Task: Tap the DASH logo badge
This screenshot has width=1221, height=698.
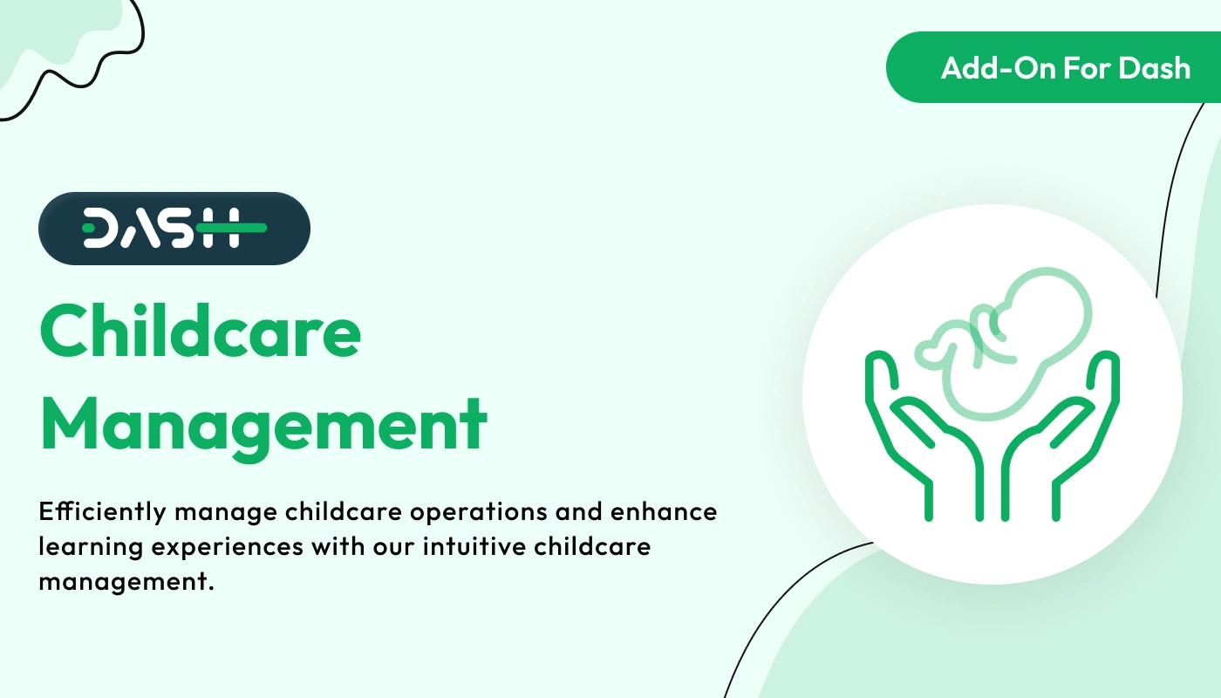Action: (x=174, y=229)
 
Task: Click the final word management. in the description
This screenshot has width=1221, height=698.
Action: (x=126, y=582)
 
